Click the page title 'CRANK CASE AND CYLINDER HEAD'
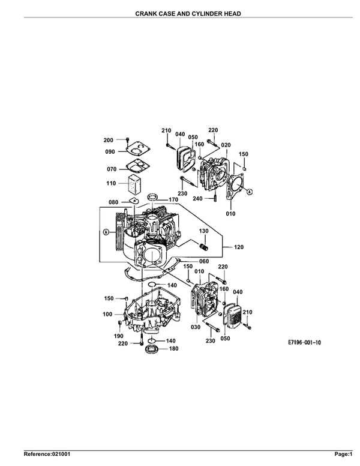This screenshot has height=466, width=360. point(188,14)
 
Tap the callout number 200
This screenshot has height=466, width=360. point(109,141)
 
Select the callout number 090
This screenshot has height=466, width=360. point(110,152)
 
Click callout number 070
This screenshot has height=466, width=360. point(112,169)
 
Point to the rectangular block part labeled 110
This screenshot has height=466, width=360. point(135,184)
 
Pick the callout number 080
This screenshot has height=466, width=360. point(113,202)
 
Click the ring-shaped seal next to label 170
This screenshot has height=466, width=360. point(152,197)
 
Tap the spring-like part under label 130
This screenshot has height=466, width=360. point(204,246)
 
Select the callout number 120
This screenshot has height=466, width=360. point(239,247)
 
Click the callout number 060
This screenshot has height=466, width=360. point(204,261)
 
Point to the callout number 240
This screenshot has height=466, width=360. point(197,199)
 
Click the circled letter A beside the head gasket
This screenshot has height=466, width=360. point(250,192)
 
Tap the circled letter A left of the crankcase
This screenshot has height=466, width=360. point(106,232)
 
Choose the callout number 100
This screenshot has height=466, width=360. point(107,314)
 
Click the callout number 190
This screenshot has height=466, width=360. point(119,336)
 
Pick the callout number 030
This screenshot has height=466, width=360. point(196,327)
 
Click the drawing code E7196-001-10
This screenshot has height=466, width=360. point(304,343)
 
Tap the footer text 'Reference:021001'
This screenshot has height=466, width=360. point(47,454)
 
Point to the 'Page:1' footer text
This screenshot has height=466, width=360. point(343,454)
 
